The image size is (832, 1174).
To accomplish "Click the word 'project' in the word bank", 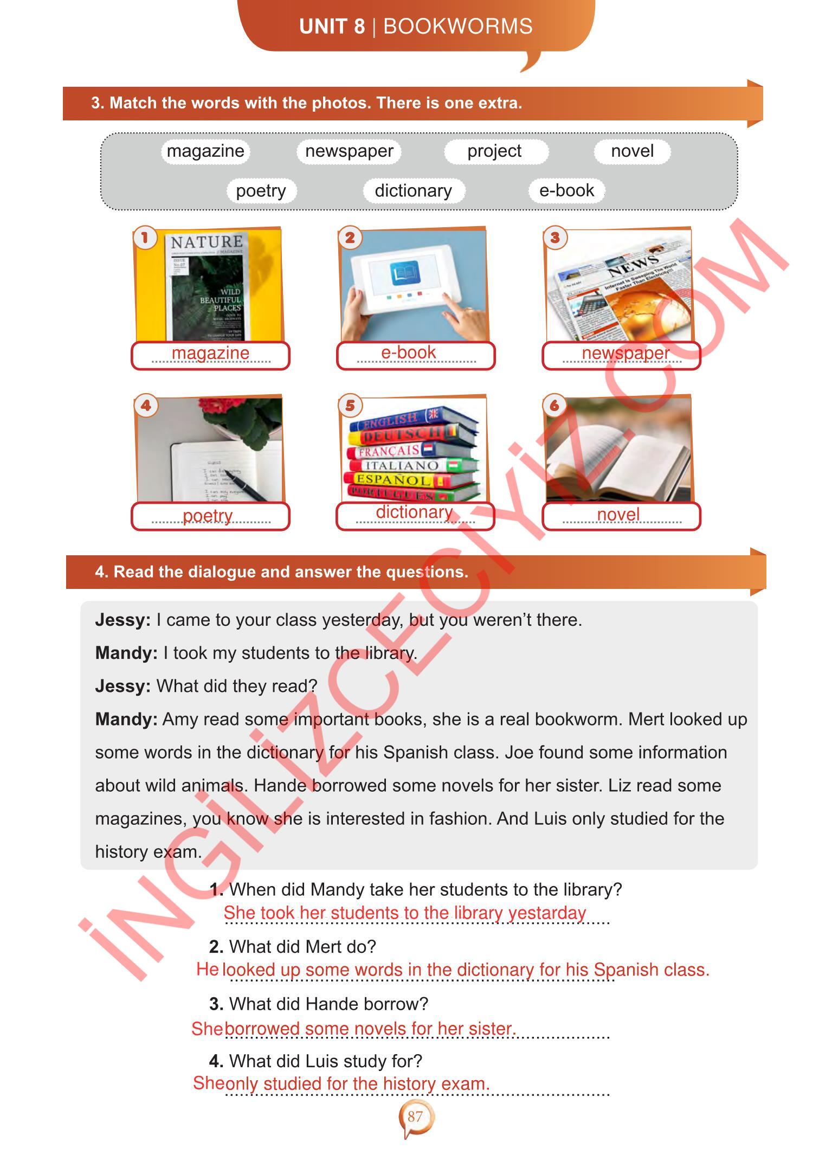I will (x=494, y=151).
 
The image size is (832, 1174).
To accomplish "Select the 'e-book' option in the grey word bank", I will (x=566, y=190).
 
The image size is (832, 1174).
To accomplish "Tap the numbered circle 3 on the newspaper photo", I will (x=555, y=238).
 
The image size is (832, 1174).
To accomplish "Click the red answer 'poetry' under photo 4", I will (x=208, y=516).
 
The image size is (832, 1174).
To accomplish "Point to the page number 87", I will (x=415, y=1117).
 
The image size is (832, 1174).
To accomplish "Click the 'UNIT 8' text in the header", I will (x=332, y=27).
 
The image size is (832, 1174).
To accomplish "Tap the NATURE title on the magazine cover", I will (x=207, y=242).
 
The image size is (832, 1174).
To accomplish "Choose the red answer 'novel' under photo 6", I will (x=618, y=514).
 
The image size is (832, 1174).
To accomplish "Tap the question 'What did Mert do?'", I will (x=302, y=947).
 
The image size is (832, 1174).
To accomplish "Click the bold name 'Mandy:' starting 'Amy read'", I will (x=126, y=719).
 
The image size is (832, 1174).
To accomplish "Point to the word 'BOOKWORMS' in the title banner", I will (x=458, y=27).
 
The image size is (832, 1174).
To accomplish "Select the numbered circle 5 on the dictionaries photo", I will (x=350, y=405).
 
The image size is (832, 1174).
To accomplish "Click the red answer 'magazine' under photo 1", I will (x=210, y=353).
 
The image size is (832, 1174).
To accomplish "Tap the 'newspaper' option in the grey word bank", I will (x=349, y=151).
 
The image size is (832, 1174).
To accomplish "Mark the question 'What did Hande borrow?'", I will (x=328, y=1004).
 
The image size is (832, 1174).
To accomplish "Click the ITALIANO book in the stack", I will (x=401, y=465).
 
